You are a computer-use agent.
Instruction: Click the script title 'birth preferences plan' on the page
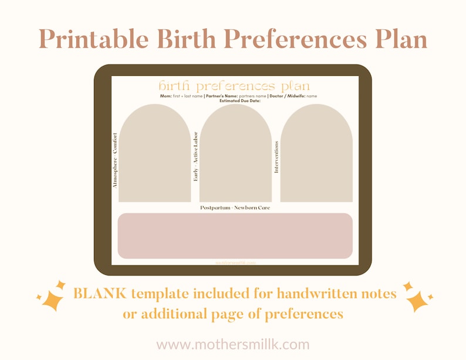[234, 86]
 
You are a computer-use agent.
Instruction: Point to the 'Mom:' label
[166, 96]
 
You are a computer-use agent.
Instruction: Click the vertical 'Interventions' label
[276, 157]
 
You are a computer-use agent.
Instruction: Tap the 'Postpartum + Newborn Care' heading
[235, 208]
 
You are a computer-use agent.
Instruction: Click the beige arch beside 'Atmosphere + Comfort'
[154, 156]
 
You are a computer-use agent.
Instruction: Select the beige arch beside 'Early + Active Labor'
[235, 156]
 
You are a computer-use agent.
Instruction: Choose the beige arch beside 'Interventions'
[316, 156]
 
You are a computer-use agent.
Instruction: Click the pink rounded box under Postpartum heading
[235, 235]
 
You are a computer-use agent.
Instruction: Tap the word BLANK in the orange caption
[100, 292]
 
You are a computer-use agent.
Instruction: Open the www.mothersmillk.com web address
[233, 344]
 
